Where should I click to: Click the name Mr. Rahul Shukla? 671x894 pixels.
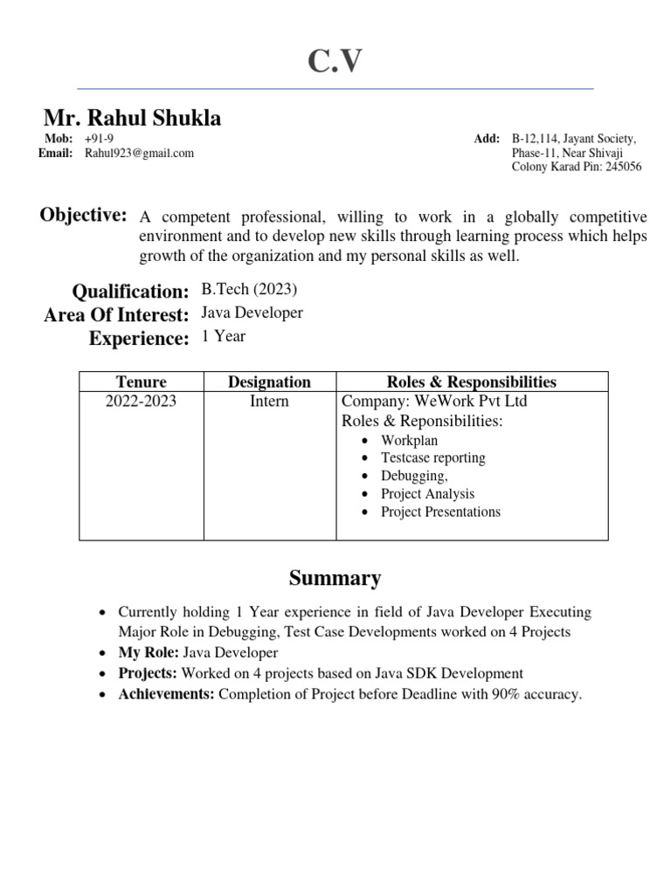[133, 118]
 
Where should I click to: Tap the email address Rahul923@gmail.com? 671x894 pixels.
[139, 153]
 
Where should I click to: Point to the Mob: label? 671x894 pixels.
[59, 139]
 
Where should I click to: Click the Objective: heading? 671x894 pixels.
[84, 216]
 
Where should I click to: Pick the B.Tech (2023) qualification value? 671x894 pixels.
[243, 290]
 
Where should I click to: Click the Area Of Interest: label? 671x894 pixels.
[116, 315]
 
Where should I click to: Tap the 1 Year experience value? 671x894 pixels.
[224, 336]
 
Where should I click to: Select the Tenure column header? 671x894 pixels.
[141, 382]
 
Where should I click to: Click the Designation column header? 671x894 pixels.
[269, 382]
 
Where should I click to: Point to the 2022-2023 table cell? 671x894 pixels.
[141, 402]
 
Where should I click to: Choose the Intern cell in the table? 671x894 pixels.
[269, 402]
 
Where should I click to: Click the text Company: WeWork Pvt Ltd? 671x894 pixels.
[434, 402]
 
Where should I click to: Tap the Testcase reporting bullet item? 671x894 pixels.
[432, 457]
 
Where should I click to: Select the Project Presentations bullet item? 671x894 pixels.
[440, 512]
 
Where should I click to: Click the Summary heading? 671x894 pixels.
[335, 578]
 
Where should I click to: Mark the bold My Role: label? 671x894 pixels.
[149, 652]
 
